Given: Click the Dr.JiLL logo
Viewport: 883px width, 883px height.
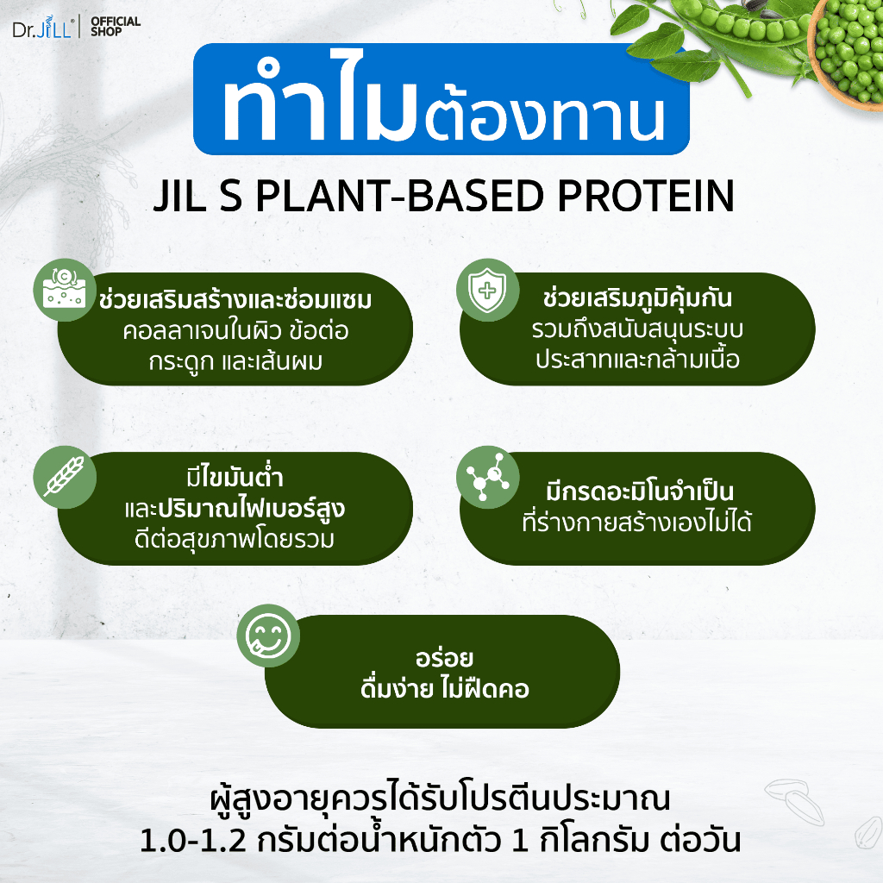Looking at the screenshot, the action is [43, 27].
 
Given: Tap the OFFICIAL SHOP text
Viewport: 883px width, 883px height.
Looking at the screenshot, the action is [116, 27].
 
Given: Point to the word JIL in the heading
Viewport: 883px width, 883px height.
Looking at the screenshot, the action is [179, 196].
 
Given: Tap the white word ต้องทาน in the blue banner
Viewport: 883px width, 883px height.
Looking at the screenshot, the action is [544, 116].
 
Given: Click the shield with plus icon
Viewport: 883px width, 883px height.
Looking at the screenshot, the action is [488, 291].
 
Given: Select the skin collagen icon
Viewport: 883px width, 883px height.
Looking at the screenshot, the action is [65, 291].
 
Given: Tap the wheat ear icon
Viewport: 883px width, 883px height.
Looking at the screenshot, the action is [65, 477].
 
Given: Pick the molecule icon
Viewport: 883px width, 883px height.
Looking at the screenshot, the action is [488, 477].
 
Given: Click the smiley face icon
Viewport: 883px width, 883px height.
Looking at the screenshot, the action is [268, 636].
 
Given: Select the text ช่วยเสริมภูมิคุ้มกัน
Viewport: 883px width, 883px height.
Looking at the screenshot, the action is [637, 297].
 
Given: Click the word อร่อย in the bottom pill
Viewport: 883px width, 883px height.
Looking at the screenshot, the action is [444, 658].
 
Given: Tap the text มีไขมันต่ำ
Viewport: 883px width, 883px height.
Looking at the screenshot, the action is [235, 478].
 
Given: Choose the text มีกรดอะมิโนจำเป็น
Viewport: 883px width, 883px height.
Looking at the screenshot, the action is [640, 492].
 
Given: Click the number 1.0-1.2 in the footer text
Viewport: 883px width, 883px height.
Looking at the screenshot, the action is [192, 841].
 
